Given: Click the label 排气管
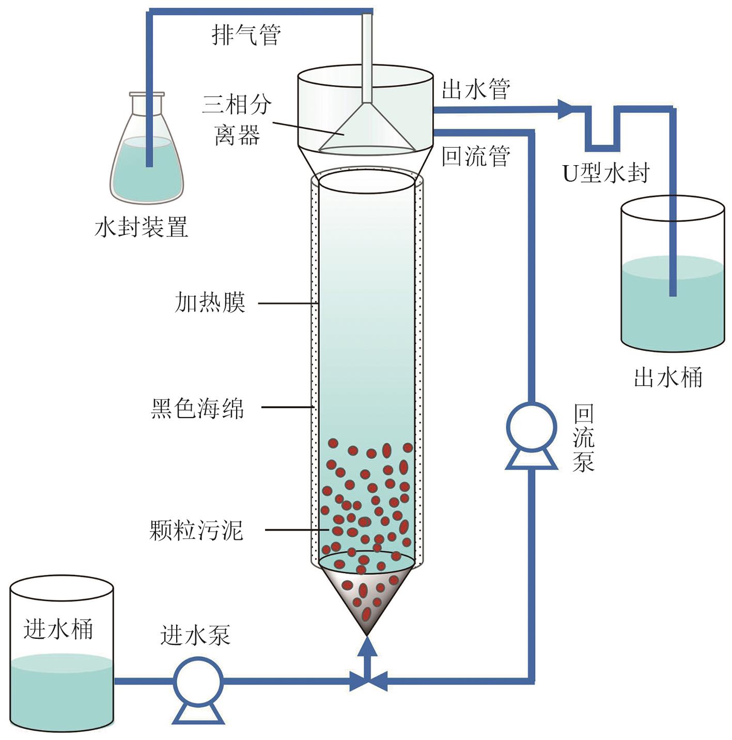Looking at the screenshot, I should pyautogui.click(x=246, y=35).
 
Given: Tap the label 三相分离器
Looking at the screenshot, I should pyautogui.click(x=237, y=120).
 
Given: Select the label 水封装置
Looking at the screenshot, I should pyautogui.click(x=141, y=227).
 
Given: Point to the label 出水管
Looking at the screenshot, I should pyautogui.click(x=476, y=89).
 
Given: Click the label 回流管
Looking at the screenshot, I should pyautogui.click(x=476, y=156).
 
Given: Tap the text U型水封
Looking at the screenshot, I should pyautogui.click(x=605, y=173).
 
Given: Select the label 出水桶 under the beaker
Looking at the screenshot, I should pyautogui.click(x=668, y=378).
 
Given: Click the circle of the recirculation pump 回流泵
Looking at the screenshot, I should pyautogui.click(x=531, y=428).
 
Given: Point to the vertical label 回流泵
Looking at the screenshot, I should pyautogui.click(x=583, y=438).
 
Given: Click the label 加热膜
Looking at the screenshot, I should pyautogui.click(x=210, y=302).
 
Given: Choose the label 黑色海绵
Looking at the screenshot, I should pyautogui.click(x=197, y=408).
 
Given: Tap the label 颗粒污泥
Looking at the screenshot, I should pyautogui.click(x=196, y=530).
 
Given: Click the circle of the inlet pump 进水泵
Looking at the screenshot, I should pyautogui.click(x=198, y=682).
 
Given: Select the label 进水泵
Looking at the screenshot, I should pyautogui.click(x=195, y=635).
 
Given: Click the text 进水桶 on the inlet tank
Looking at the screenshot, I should pyautogui.click(x=58, y=629).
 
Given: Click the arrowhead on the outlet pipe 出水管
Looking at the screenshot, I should pyautogui.click(x=566, y=109).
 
